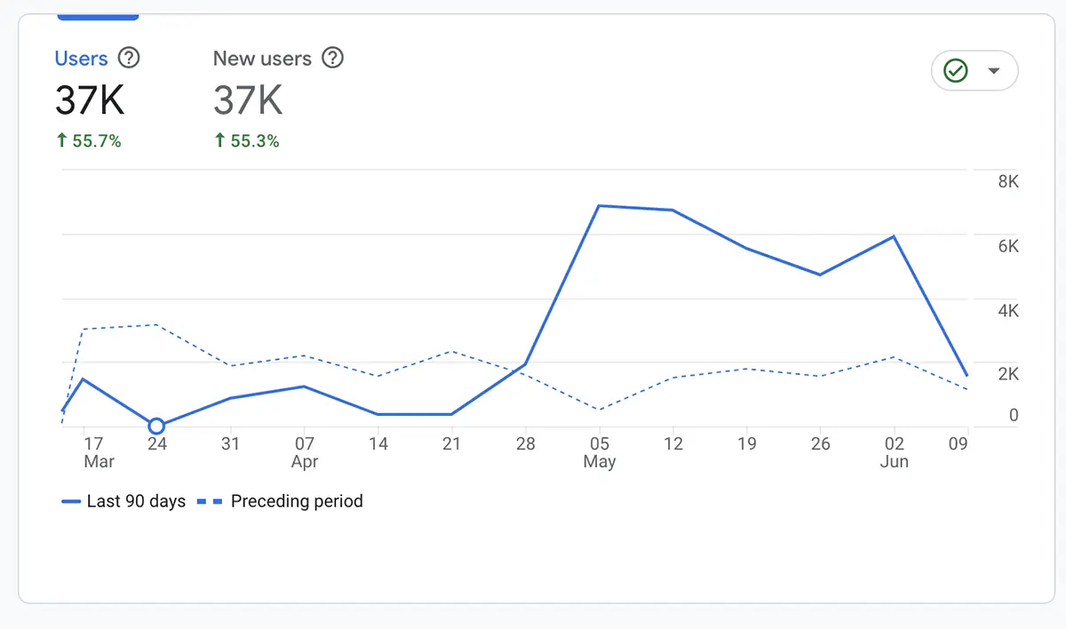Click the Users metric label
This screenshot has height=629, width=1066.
[81, 59]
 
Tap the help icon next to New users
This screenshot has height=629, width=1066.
[332, 59]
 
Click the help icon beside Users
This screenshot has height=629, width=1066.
[130, 59]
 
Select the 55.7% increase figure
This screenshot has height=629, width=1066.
[88, 141]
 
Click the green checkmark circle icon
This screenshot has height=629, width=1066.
[956, 71]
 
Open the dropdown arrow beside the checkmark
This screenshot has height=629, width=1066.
[994, 71]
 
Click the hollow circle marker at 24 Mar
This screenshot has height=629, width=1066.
[156, 426]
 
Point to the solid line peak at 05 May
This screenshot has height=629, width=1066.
[600, 206]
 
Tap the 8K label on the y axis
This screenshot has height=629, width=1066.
[1008, 181]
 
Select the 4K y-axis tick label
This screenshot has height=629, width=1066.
[1008, 311]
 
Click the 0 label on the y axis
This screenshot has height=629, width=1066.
[1014, 415]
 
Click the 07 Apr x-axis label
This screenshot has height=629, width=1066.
[305, 451]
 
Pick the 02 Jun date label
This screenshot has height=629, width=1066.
[895, 451]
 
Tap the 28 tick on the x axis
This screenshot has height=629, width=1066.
[526, 443]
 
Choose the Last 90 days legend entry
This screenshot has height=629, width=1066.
[123, 501]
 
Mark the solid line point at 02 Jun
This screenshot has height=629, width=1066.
[894, 237]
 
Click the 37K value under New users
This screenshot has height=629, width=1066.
[248, 100]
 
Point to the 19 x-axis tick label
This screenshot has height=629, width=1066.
[746, 443]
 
